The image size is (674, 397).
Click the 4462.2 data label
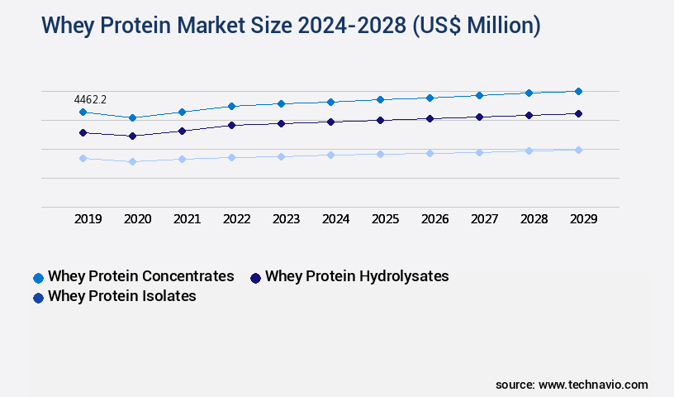tap(90, 99)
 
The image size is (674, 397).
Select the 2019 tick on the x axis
tap(88, 219)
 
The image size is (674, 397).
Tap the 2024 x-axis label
tap(336, 219)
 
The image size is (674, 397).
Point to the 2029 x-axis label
tap(584, 219)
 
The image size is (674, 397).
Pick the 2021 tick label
tap(187, 219)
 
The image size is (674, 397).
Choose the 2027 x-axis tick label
tap(485, 219)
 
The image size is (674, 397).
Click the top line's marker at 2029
tap(578, 91)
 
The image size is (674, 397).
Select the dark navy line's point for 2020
tap(132, 136)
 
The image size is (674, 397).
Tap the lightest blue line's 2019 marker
tap(83, 158)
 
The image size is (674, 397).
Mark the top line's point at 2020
tap(132, 117)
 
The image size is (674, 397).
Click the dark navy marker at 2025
tap(380, 120)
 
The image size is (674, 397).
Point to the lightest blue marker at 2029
tap(578, 150)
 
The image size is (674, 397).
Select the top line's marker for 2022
tap(231, 106)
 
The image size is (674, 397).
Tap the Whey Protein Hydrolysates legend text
tap(357, 276)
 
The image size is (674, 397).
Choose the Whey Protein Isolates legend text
tap(122, 296)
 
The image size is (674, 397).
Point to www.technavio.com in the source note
tap(593, 385)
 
